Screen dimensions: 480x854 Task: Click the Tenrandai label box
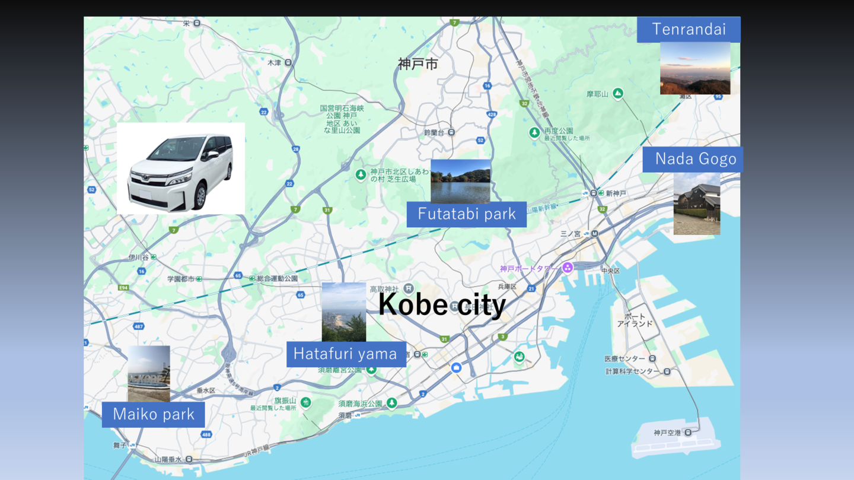tap(688, 29)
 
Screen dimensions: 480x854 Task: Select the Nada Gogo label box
tap(692, 159)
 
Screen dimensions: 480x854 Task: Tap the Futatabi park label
tap(466, 214)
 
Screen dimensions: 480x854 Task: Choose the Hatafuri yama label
tap(346, 354)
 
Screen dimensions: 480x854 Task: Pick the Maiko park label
tap(153, 414)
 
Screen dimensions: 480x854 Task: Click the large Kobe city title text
tap(442, 304)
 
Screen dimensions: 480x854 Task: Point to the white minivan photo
tap(181, 169)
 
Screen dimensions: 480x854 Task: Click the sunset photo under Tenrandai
tap(695, 68)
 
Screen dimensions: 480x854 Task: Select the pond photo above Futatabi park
tap(460, 180)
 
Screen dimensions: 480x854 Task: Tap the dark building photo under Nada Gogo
tap(696, 204)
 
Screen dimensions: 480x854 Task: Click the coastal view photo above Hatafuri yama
tap(343, 311)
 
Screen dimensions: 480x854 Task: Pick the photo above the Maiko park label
tap(149, 373)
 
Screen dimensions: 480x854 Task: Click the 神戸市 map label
tap(418, 64)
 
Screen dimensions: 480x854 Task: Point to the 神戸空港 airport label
tap(667, 433)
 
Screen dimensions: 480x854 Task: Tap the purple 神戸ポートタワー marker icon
tap(568, 268)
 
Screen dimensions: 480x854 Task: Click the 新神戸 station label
tap(616, 193)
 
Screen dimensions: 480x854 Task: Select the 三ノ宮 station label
tap(571, 234)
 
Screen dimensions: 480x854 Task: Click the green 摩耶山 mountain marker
tap(618, 93)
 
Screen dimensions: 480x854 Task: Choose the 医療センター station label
tap(624, 359)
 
